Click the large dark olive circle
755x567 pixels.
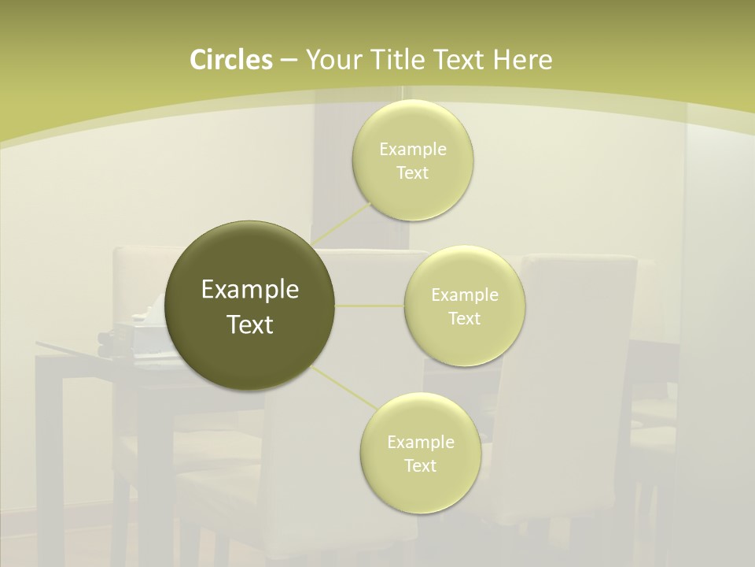click(250, 306)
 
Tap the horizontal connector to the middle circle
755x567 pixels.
click(370, 305)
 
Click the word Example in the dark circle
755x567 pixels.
click(250, 290)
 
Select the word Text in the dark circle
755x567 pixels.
click(250, 324)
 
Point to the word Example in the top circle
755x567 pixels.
click(413, 150)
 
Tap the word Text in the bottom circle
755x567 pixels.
click(420, 465)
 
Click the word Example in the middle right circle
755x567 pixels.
click(465, 295)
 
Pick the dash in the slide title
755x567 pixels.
click(288, 60)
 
